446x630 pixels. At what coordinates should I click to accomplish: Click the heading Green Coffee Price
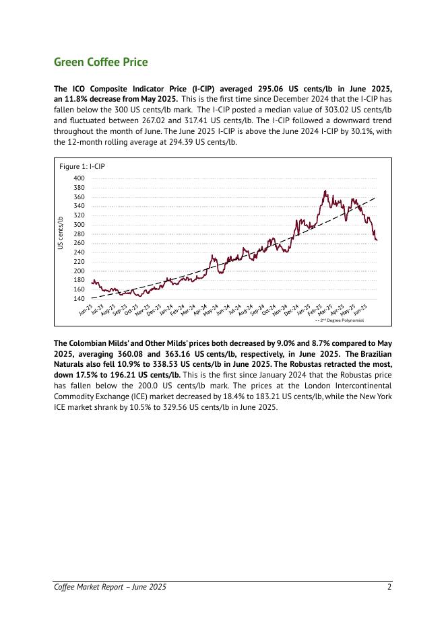point(100,63)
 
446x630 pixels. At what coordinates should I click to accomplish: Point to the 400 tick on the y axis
point(79,178)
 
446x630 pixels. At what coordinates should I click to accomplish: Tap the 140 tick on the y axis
point(79,298)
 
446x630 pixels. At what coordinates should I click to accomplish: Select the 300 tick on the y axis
point(79,224)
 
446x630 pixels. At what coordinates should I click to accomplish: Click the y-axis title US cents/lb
point(61,235)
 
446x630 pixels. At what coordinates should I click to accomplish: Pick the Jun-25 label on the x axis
point(360,310)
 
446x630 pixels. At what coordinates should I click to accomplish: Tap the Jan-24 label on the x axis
point(166,310)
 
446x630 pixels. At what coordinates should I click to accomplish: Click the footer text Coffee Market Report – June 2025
point(110,588)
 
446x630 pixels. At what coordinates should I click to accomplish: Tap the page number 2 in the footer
point(389,588)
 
